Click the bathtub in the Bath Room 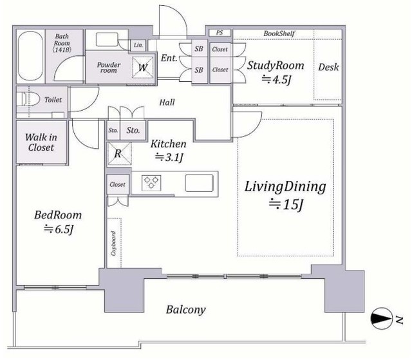(30, 56)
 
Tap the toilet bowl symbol (30, 100)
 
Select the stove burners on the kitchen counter (151, 182)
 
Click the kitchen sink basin (199, 183)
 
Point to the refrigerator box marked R (119, 154)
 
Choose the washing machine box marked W (143, 67)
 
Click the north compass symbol (382, 318)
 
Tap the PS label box (220, 33)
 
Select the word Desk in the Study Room (328, 67)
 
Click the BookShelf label (279, 33)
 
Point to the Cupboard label (113, 243)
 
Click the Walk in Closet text (41, 142)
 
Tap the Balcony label (185, 310)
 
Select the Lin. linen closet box (138, 45)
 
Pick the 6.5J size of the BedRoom (59, 229)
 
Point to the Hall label (167, 102)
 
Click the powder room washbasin (107, 39)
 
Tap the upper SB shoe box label (199, 48)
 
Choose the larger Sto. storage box (133, 130)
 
